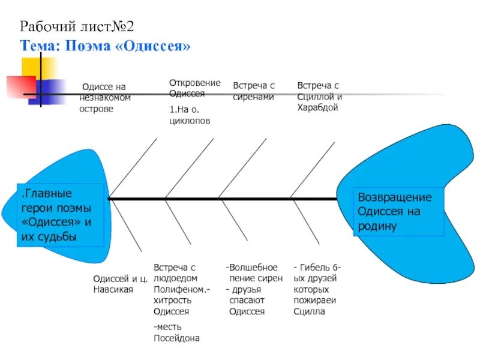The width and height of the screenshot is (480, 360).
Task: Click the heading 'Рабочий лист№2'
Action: [77, 26]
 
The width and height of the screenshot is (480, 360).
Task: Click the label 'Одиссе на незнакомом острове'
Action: [105, 98]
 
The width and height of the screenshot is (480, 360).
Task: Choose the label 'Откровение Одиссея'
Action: [194, 88]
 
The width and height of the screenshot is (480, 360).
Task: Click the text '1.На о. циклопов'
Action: [190, 116]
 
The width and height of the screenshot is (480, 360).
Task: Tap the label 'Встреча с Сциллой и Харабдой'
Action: [320, 97]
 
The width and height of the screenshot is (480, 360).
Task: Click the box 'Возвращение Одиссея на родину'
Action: [395, 212]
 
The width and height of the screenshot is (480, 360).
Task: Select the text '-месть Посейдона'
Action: [176, 332]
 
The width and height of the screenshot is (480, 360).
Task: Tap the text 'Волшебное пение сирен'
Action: [252, 273]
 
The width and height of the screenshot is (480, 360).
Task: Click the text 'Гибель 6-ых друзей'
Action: [317, 273]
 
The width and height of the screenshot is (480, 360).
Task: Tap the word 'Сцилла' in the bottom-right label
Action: [309, 311]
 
